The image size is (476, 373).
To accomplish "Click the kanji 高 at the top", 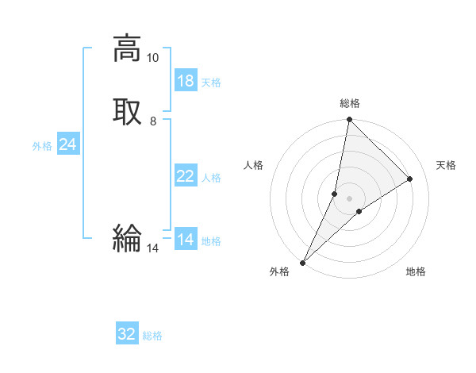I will (x=127, y=48).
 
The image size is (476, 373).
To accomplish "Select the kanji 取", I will (x=127, y=112).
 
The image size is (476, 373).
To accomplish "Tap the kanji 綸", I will (x=127, y=238).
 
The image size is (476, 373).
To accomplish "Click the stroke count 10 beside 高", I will (x=152, y=58).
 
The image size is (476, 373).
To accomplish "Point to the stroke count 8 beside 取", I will (x=152, y=121).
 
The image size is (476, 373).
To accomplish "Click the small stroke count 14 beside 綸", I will (x=152, y=248).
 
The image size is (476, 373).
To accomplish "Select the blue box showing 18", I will (x=186, y=81).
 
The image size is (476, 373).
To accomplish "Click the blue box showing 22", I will (x=186, y=176).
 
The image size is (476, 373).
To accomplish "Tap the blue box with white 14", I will (x=186, y=240).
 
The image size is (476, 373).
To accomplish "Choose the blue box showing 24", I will (x=68, y=144).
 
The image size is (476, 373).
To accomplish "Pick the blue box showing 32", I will (x=127, y=334).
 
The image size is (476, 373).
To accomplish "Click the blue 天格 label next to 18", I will (x=211, y=83).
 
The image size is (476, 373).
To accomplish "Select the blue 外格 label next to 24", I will (x=42, y=146).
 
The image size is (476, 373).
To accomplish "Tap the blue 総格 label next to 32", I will (x=152, y=336).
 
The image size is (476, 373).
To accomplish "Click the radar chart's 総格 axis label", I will (x=350, y=103).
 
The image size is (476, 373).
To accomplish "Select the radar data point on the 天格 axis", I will (x=410, y=179).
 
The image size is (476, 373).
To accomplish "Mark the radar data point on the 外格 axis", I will (x=303, y=262).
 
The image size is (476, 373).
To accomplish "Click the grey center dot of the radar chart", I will (x=350, y=198).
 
